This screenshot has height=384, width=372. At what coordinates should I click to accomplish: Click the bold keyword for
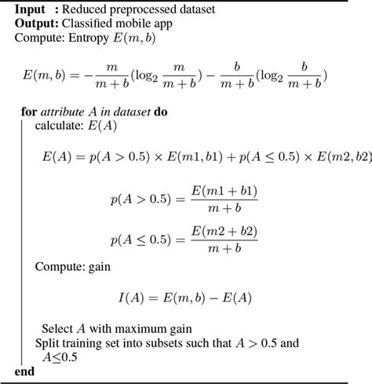(x=28, y=112)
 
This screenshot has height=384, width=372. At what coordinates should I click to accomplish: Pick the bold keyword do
(x=161, y=112)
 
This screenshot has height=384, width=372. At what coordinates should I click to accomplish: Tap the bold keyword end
(x=25, y=371)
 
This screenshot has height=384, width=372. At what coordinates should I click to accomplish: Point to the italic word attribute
(x=64, y=112)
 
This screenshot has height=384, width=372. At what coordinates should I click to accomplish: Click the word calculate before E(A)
(x=61, y=126)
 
